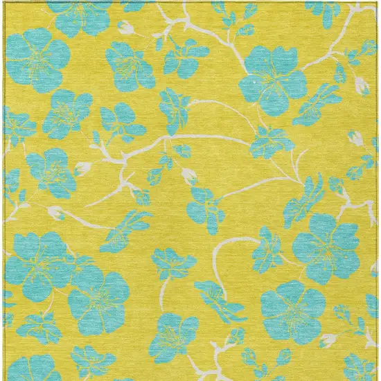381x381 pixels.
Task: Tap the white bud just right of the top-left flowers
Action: [125, 28]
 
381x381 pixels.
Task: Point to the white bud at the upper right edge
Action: [362, 85]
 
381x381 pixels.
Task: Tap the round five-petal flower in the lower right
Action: [292, 312]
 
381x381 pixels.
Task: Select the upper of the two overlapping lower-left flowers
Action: [42, 260]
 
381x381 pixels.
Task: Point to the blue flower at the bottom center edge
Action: [173, 333]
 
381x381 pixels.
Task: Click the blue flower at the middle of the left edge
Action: [52, 170]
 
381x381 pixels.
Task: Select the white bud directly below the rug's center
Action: [189, 173]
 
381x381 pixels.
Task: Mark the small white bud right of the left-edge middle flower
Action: [83, 168]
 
